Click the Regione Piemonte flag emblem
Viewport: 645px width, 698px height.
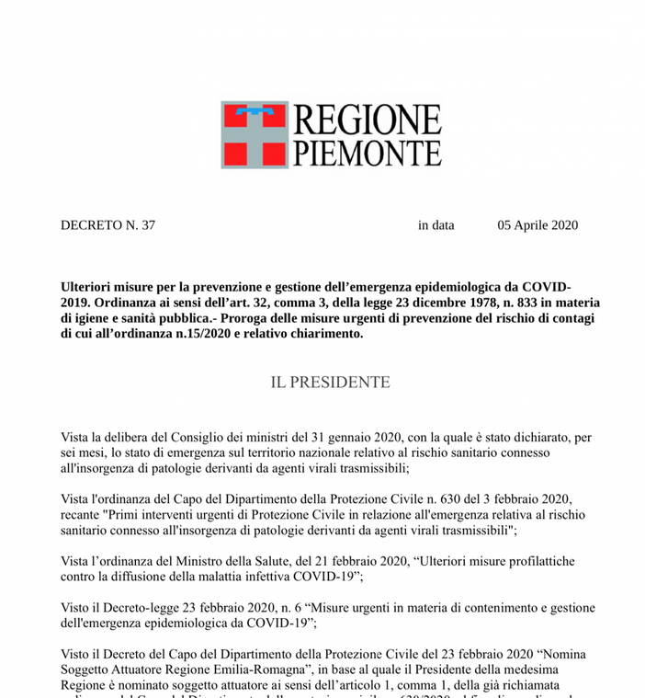point(254,134)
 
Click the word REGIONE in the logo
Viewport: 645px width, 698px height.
point(367,120)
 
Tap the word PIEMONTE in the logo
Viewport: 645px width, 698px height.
point(367,152)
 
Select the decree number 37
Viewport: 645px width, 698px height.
point(147,225)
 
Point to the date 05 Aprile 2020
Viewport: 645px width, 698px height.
point(537,225)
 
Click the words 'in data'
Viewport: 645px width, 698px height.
point(436,225)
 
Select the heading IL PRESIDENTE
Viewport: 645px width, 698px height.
point(330,382)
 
